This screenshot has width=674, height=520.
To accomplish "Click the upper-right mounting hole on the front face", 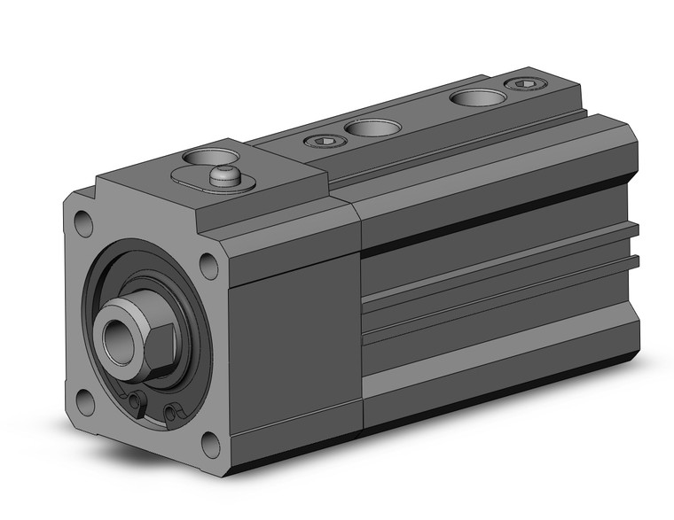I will [208, 263].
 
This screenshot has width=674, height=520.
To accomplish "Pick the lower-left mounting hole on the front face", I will [86, 401].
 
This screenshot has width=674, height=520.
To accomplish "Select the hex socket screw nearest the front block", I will [321, 141].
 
